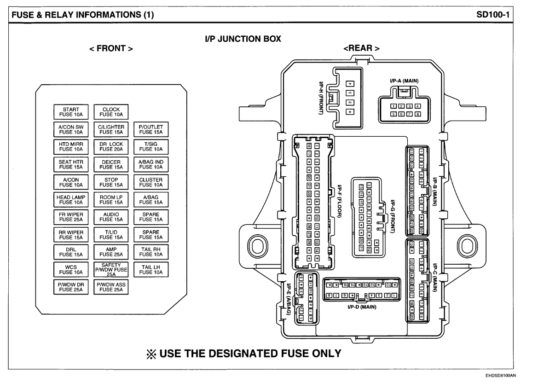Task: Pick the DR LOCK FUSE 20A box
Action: point(111,146)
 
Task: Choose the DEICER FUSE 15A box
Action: point(111,164)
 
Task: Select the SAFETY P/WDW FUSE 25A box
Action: point(111,269)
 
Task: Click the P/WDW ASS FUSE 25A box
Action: point(111,287)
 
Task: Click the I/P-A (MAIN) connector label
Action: point(404,81)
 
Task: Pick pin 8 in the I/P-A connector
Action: point(418,113)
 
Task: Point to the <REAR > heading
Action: point(361,48)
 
